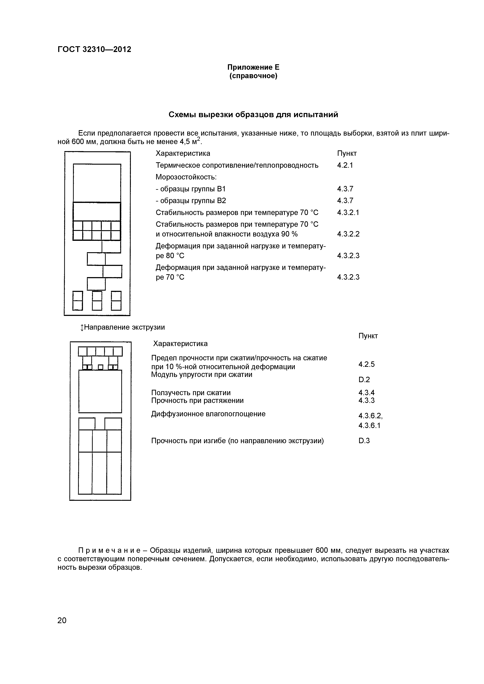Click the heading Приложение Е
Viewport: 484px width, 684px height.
(253, 67)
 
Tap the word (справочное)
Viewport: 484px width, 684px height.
(253, 76)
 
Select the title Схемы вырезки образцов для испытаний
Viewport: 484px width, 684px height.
(253, 115)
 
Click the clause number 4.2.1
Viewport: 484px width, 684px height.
(345, 165)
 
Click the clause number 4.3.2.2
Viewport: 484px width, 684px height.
(348, 234)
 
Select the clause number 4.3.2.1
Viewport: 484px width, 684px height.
(348, 213)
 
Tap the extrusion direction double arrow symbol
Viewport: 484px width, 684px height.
(82, 328)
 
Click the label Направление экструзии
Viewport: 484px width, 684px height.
(124, 327)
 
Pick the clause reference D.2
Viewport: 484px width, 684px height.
(364, 380)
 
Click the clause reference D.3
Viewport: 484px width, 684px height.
(364, 441)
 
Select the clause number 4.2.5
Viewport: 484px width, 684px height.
(367, 364)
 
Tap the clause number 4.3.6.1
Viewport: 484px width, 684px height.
(369, 426)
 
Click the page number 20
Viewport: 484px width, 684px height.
(62, 620)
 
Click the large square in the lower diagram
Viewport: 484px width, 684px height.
(100, 391)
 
